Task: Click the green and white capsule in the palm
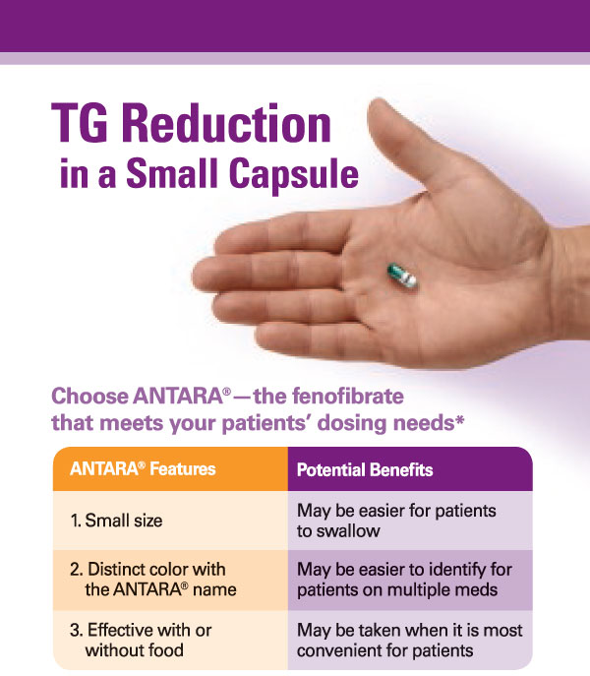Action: tap(402, 276)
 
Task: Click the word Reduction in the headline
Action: tap(227, 124)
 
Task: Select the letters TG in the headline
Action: tap(80, 124)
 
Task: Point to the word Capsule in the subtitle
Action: tap(293, 174)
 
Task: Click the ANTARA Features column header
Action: tap(143, 469)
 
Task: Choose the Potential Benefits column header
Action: tap(365, 469)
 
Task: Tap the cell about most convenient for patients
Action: tap(409, 641)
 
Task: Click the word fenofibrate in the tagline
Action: tap(328, 396)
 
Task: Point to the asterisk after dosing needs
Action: tap(459, 418)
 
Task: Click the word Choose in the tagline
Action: tap(89, 396)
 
